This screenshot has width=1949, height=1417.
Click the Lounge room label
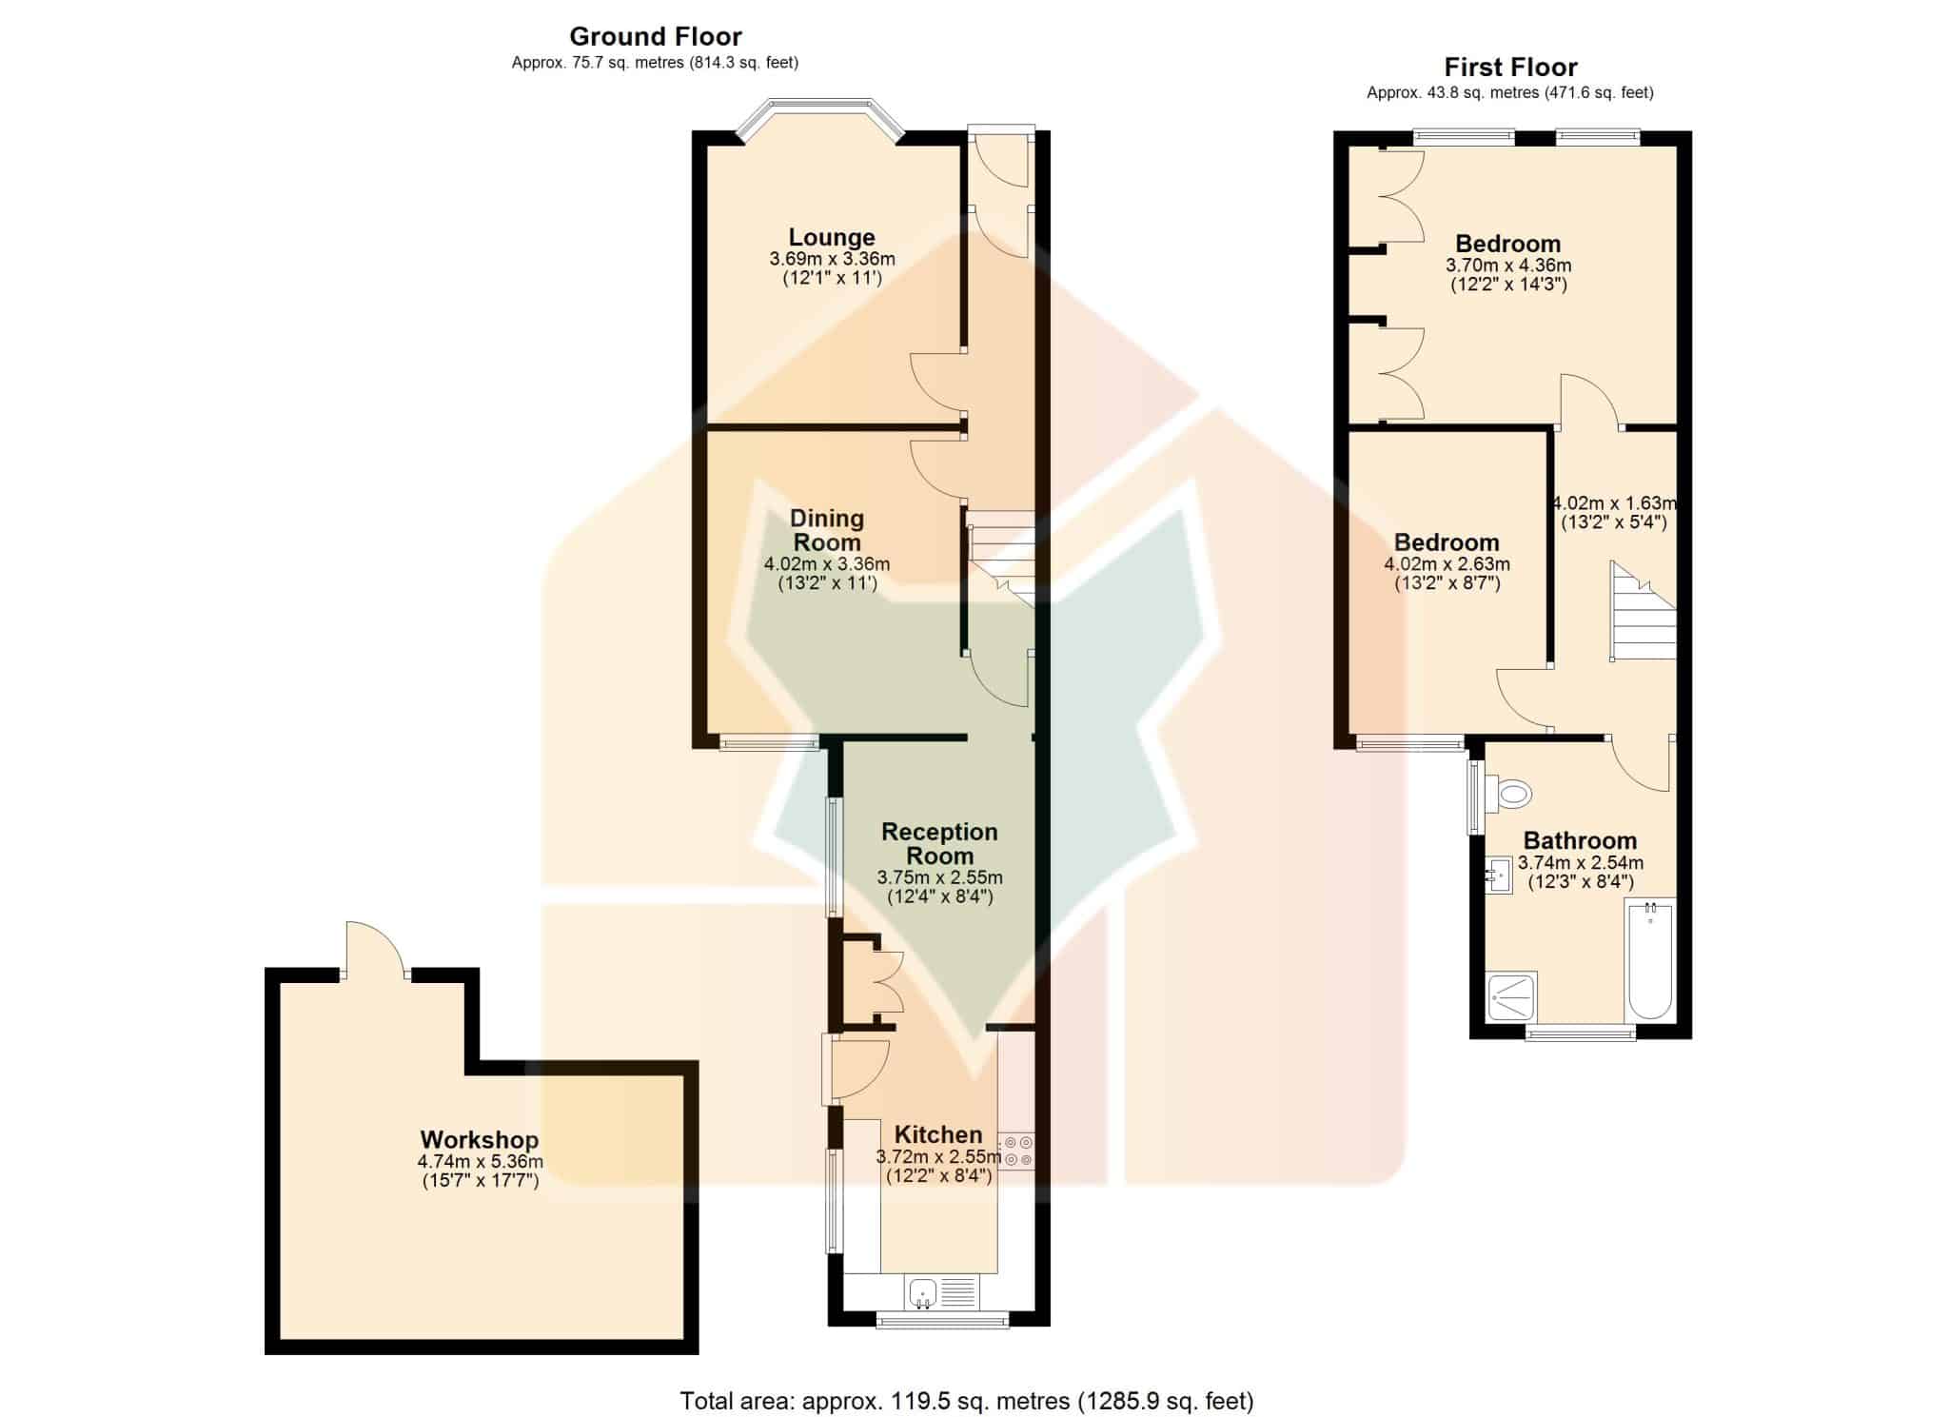(x=832, y=237)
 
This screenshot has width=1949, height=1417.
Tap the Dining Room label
(x=827, y=530)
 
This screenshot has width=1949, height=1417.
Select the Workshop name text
(x=480, y=1139)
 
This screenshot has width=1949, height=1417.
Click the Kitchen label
(x=938, y=1134)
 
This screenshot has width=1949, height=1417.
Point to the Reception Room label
(x=939, y=843)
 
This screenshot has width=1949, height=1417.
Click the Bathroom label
(x=1580, y=840)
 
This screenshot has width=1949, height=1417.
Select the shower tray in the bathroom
(x=1511, y=997)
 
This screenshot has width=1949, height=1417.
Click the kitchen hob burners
(x=1016, y=1150)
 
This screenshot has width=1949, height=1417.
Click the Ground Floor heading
(x=656, y=37)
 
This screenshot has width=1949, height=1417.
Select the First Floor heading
(x=1510, y=68)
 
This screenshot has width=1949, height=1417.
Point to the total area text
(x=967, y=1400)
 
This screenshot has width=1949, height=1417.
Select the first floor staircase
(x=1643, y=610)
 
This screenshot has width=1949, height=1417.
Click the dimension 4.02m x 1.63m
(x=1615, y=502)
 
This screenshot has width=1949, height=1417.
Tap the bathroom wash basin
(x=1499, y=874)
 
